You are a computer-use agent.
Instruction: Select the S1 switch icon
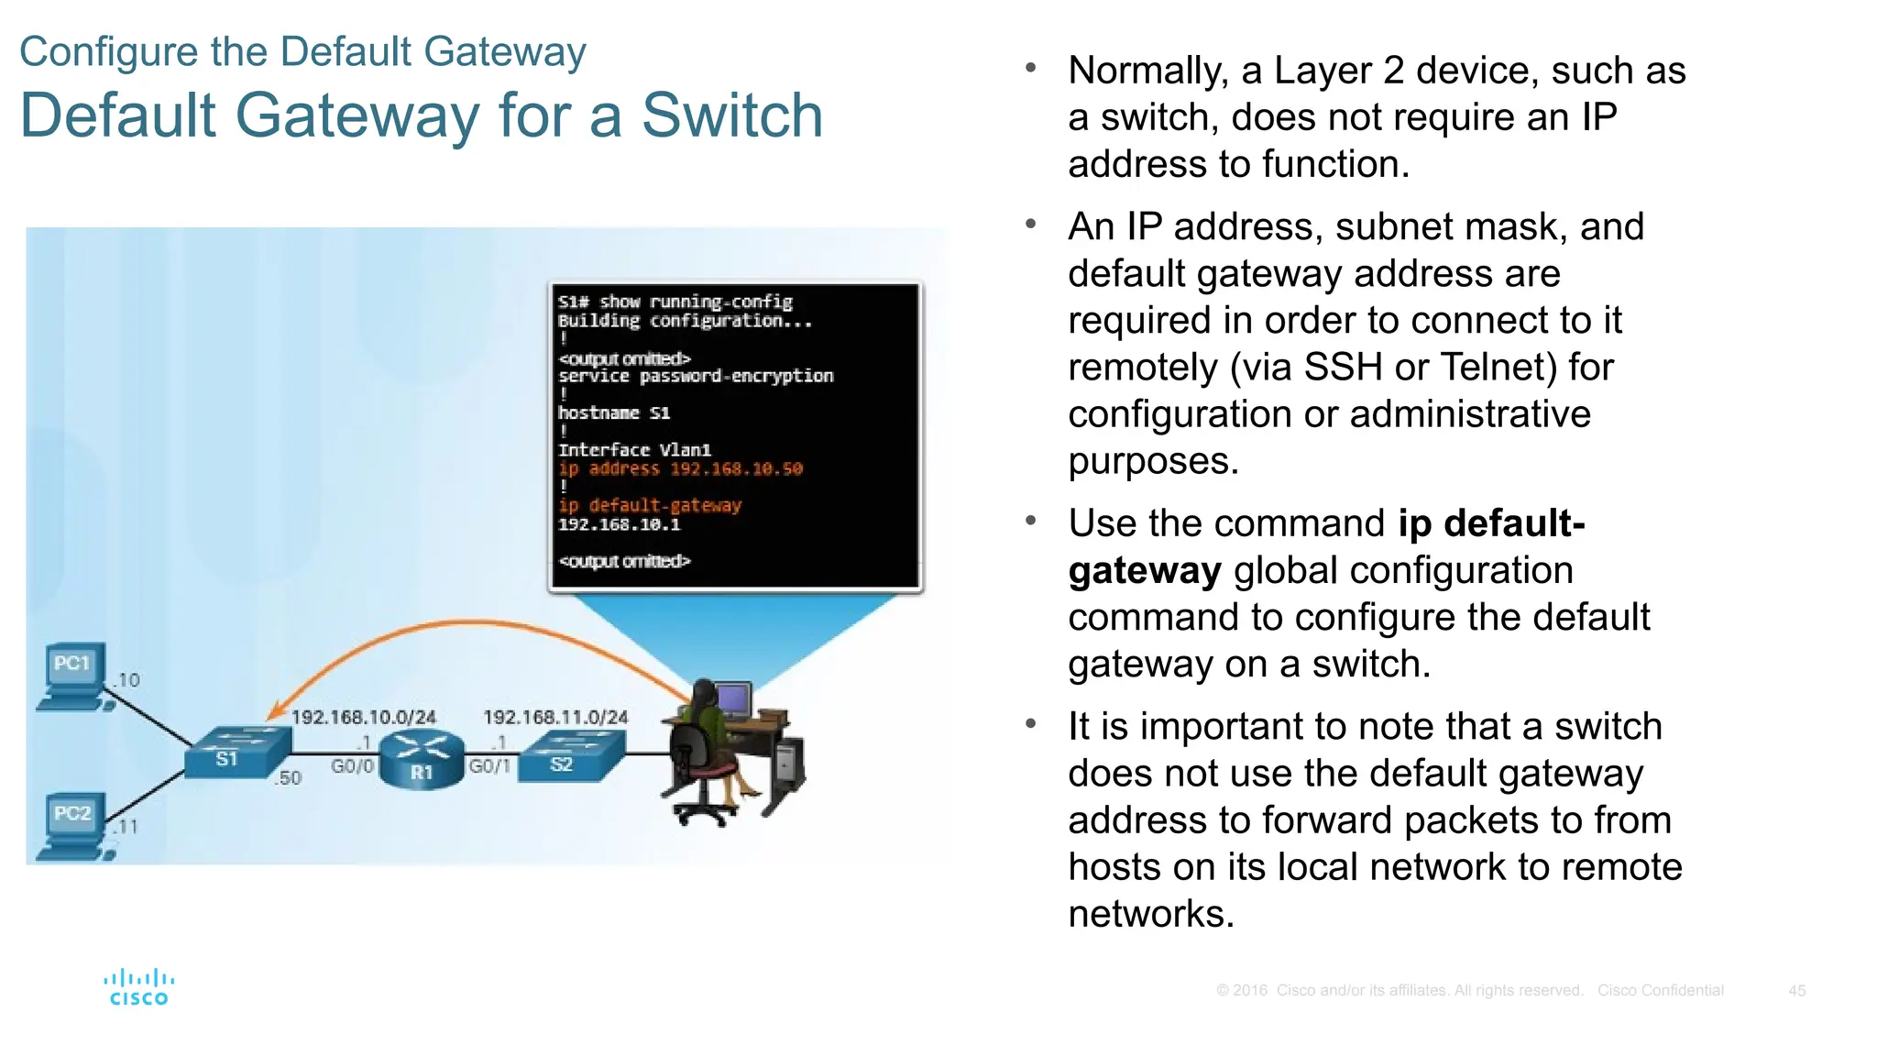coord(236,752)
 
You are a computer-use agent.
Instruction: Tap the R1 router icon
coord(421,760)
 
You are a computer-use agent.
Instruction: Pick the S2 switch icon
coord(570,756)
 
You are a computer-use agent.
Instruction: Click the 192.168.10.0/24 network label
coord(364,717)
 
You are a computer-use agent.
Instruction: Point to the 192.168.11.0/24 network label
coord(555,717)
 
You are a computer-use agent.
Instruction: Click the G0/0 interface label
coord(352,765)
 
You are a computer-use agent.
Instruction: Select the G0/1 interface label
coord(488,765)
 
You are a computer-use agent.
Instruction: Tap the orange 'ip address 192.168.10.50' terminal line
coord(680,468)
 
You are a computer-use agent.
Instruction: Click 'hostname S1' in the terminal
coord(614,413)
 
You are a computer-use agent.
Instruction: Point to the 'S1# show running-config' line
coord(675,302)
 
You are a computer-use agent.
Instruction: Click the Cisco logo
coord(138,987)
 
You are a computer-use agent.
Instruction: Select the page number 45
coord(1796,991)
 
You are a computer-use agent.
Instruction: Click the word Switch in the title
coord(731,115)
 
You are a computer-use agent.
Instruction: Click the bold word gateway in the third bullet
coord(1145,570)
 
